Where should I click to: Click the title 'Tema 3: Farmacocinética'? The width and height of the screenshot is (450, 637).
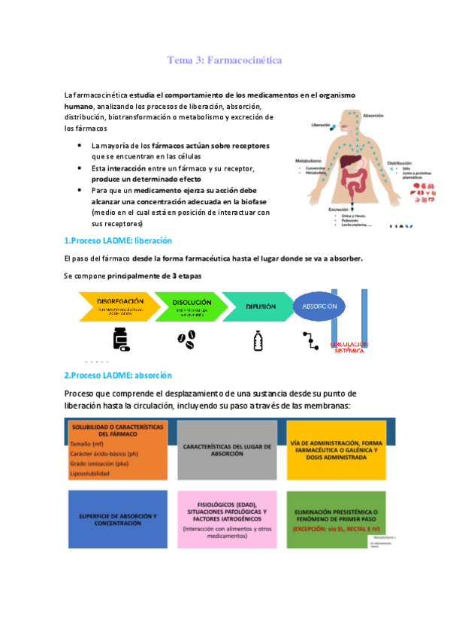[225, 59]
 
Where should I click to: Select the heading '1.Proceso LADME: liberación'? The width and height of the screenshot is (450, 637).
[118, 241]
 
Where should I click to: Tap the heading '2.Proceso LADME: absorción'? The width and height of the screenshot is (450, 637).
[118, 375]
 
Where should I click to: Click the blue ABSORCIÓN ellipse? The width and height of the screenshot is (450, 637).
[319, 306]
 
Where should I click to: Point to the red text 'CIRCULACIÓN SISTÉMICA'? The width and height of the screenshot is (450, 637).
[349, 347]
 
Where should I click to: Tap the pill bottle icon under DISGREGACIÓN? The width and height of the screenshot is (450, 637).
[120, 340]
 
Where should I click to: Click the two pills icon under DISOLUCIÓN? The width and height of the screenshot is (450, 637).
[186, 338]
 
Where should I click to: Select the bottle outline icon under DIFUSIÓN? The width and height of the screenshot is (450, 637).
[258, 340]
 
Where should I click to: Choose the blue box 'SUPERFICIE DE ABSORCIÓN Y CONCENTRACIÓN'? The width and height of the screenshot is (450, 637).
[116, 519]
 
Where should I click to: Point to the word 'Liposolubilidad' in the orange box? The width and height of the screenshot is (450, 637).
[89, 474]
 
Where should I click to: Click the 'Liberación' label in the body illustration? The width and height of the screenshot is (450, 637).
[321, 125]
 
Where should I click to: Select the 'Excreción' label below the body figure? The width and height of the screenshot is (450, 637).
[341, 209]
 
